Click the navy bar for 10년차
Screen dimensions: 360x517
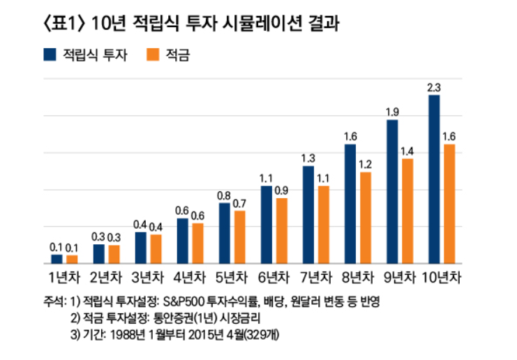click(434, 179)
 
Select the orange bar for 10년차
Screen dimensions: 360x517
click(449, 204)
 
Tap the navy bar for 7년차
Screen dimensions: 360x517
click(308, 215)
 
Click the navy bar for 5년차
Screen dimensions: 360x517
click(225, 233)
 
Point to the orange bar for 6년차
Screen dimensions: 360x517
click(282, 231)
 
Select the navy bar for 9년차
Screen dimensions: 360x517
click(392, 192)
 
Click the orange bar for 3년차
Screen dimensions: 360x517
click(156, 249)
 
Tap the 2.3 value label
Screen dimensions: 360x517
click(434, 87)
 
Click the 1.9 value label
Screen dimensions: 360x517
click(392, 112)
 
